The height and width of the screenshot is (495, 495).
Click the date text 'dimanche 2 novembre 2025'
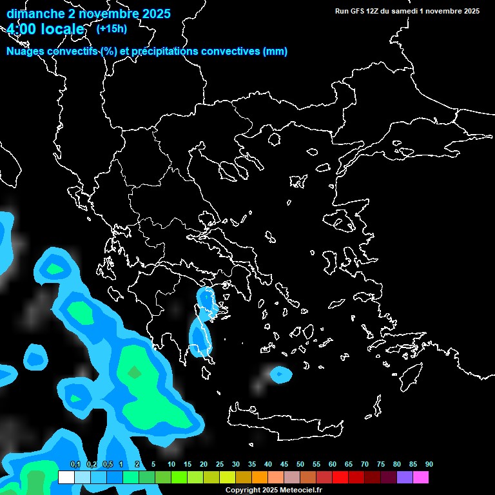click(x=88, y=14)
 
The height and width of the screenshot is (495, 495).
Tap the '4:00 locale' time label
click(x=46, y=30)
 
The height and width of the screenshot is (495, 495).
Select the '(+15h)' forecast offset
click(x=112, y=28)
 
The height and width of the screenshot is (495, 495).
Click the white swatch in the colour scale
click(x=66, y=478)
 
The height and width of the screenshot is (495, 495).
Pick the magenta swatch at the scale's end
click(x=421, y=478)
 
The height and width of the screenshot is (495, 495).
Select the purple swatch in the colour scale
click(x=405, y=478)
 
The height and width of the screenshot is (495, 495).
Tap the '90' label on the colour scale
click(x=429, y=464)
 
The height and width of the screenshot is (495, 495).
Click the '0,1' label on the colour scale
click(x=75, y=464)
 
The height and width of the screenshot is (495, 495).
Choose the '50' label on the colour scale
click(x=300, y=464)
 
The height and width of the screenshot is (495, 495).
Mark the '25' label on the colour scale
click(x=220, y=464)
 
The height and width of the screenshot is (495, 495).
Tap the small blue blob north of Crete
click(x=280, y=373)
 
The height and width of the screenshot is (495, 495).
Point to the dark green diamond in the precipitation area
click(x=134, y=372)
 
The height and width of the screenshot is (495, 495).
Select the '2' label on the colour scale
click(x=137, y=464)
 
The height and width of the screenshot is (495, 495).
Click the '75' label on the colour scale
click(x=381, y=464)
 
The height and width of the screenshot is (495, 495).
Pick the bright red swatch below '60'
click(x=340, y=478)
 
